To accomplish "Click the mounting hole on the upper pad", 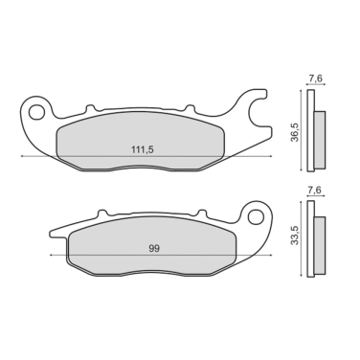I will (x=37, y=112).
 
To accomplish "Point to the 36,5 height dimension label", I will (x=296, y=130).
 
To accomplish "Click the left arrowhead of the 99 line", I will (x=48, y=256).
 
